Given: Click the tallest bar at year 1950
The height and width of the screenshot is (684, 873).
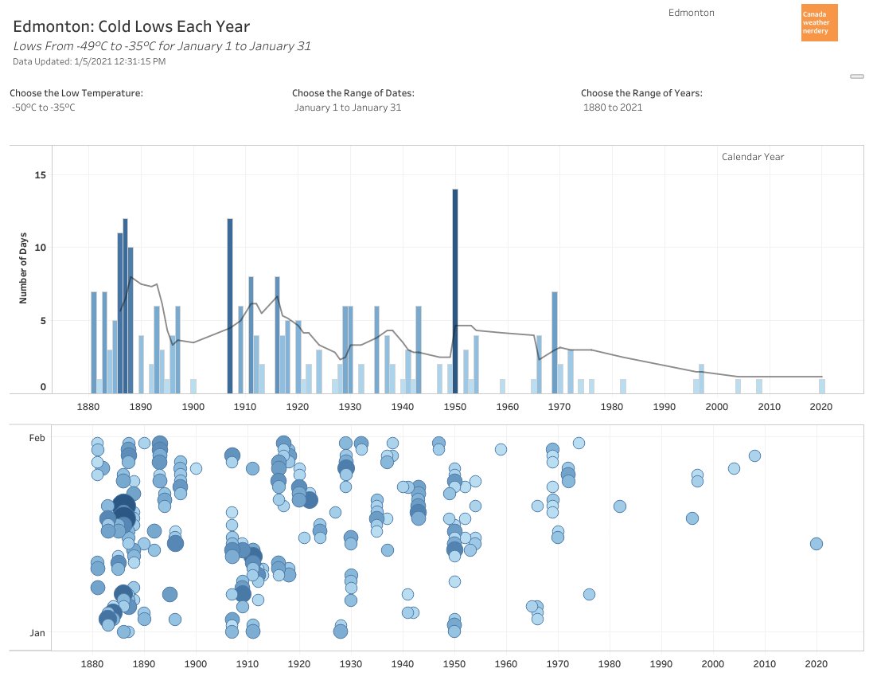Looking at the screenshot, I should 455,291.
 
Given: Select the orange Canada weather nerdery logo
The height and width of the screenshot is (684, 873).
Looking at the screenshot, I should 819,23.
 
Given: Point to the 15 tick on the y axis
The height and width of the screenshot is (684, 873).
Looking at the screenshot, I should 41,175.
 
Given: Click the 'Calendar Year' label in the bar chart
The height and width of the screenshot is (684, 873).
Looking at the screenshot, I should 752,157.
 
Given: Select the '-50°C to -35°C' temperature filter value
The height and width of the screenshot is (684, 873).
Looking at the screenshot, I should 44,107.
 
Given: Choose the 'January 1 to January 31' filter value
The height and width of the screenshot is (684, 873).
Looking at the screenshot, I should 348,107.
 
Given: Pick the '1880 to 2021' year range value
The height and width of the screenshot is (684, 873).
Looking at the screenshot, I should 613,107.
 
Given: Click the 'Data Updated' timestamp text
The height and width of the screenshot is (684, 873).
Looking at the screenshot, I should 89,61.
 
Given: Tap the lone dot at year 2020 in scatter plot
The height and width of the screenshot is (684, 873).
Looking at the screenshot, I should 816,544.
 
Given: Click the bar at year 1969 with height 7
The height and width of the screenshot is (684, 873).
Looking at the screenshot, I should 554,342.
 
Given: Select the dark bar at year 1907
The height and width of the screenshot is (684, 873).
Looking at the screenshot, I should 230,306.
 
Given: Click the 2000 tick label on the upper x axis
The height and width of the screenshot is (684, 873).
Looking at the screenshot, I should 716,407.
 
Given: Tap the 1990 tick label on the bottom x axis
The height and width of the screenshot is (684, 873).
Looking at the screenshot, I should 661,663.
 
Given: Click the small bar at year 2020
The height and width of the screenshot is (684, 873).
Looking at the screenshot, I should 821,386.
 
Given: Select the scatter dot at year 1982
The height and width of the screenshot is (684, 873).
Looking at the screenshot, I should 619,506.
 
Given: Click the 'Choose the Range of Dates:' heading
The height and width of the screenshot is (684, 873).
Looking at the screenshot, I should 353,93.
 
